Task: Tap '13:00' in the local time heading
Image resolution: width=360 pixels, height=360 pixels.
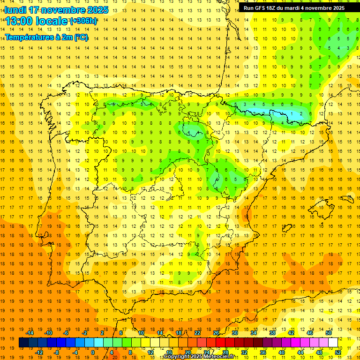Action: pos(19,21)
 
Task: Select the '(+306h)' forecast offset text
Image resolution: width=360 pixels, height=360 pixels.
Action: pos(83,21)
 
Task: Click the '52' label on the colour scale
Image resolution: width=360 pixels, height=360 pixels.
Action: pos(338,352)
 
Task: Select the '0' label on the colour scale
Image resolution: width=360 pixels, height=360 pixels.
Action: pos(93,352)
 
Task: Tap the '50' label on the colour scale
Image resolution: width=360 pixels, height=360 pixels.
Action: pos(329,333)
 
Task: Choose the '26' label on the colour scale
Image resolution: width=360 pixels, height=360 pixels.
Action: pos(216,333)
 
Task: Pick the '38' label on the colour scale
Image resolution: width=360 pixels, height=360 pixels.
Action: pos(272,333)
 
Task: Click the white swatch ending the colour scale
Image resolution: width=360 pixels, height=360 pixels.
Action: pos(333,343)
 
